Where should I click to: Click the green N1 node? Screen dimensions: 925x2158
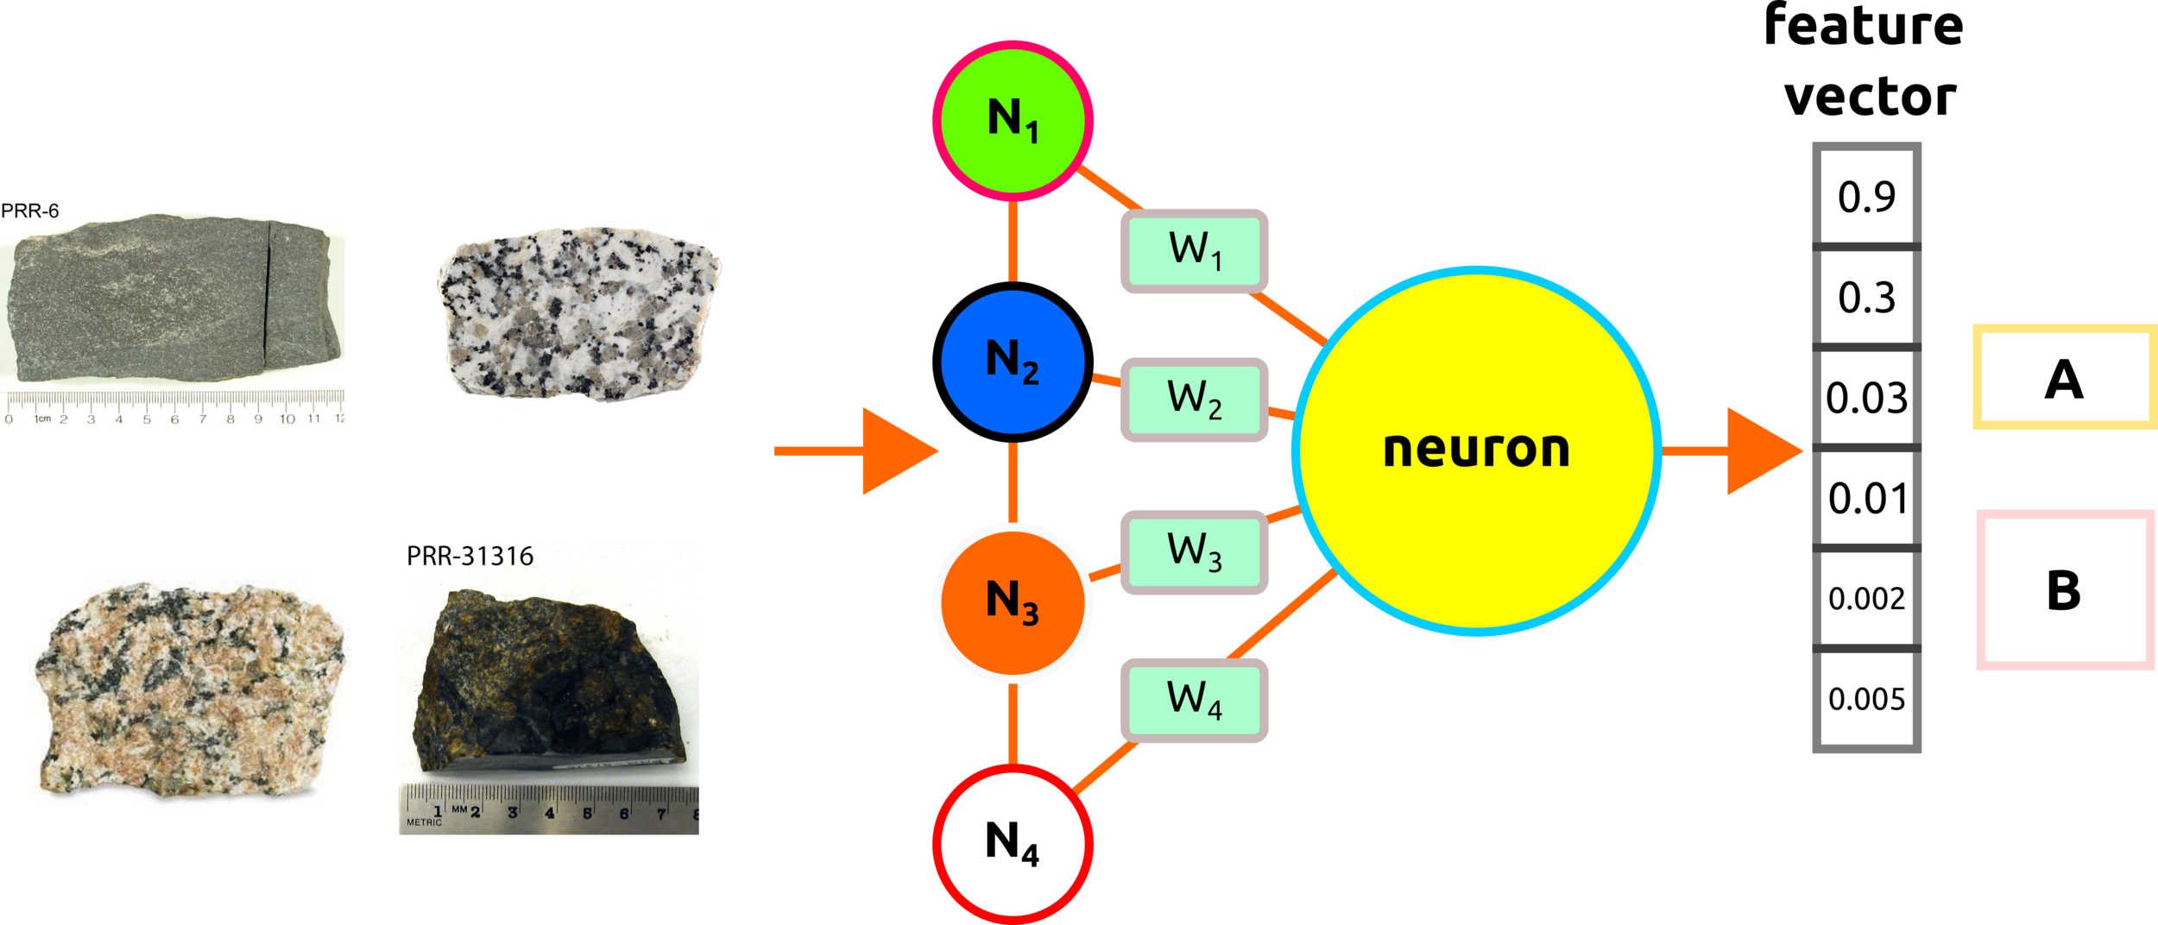point(1013,120)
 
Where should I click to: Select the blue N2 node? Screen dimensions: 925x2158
point(1013,362)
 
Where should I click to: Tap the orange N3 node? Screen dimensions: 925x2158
point(1013,602)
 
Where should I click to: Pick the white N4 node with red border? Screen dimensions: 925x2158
point(1013,843)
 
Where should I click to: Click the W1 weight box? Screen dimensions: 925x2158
point(1195,250)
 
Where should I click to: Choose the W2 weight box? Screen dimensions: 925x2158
point(1195,400)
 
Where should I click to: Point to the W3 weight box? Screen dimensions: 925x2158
point(1195,551)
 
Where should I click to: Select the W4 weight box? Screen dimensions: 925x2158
point(1195,700)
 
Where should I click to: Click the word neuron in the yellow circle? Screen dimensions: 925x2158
point(1476,450)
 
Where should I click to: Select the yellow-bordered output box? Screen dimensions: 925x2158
point(2064,377)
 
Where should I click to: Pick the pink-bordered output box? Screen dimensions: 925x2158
point(2066,590)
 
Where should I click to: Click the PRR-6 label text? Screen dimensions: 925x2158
point(30,211)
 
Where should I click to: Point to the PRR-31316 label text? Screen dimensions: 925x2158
point(470,557)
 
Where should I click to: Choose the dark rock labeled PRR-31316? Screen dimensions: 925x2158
point(548,682)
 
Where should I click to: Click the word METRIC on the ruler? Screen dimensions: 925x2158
point(424,822)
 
